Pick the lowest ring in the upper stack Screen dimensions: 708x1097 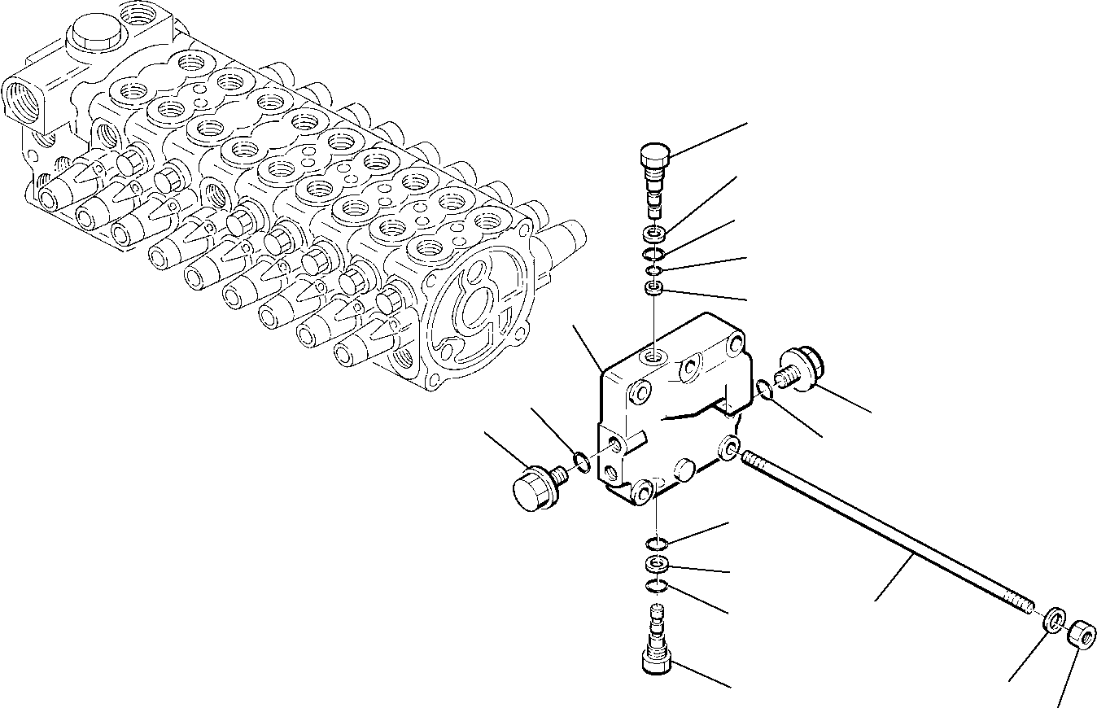(x=653, y=287)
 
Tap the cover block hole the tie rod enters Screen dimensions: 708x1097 (x=728, y=447)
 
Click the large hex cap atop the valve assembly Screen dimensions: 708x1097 (x=93, y=37)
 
